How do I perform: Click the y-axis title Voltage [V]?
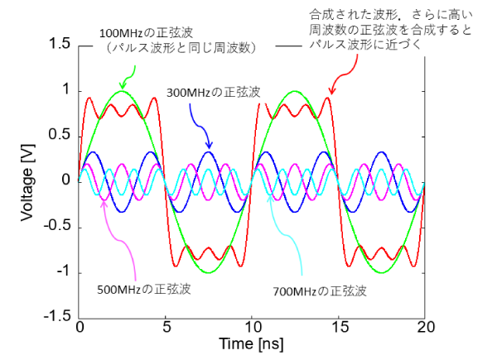point(28,179)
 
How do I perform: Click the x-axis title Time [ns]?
point(253,343)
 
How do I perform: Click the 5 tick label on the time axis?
point(166,327)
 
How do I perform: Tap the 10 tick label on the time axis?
point(253,327)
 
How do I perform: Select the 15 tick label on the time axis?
point(339,327)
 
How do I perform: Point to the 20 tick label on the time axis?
point(425,327)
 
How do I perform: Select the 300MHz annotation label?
point(214,93)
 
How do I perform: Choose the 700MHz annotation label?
point(319,291)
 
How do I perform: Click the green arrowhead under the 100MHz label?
point(123,85)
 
